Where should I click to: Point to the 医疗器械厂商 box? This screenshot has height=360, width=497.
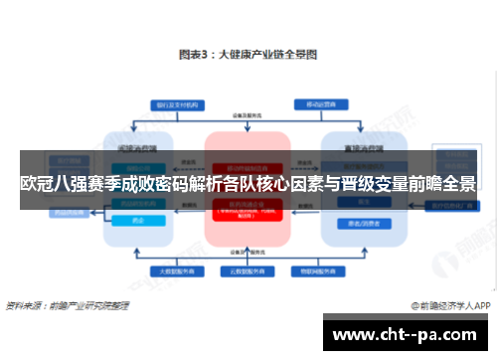[x=452, y=206]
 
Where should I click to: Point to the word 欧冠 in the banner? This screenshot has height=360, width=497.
[x=34, y=184]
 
